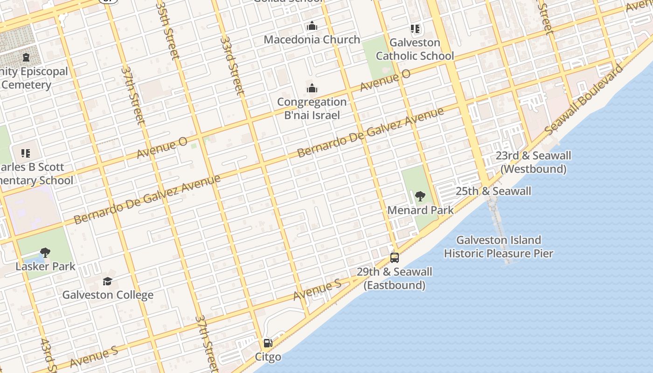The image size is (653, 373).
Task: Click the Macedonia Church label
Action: coord(312,40)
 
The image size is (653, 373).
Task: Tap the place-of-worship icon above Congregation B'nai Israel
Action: coord(312,89)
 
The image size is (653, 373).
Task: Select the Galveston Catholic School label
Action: coord(415,49)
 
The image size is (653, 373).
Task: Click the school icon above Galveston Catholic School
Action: coord(415,29)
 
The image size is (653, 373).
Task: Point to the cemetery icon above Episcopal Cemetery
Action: coord(26,58)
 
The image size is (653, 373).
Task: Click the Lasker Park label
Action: coord(45,267)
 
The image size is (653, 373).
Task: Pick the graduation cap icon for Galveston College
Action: coord(108,281)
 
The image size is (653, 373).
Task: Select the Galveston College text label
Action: coord(108,295)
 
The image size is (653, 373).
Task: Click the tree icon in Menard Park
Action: coord(420,196)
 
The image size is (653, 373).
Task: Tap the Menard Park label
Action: coord(420,210)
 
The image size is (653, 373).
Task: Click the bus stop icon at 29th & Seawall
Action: coord(395,258)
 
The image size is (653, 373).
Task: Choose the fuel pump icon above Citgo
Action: coord(268,344)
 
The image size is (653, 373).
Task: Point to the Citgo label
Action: coord(268,357)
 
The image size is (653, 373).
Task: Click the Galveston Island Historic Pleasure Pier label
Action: coord(498,247)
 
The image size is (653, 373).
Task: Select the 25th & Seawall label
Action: coord(493,191)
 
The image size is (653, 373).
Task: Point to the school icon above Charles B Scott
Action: coord(26,153)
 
